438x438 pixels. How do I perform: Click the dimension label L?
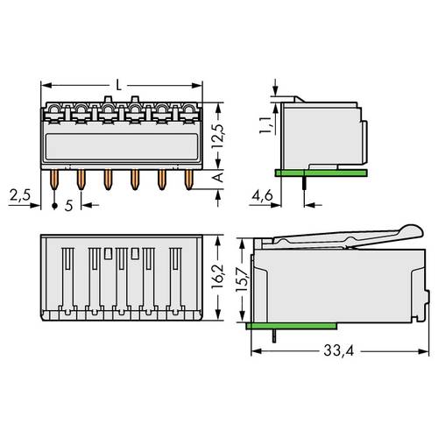click(119, 85)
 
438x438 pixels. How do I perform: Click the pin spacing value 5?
click(68, 207)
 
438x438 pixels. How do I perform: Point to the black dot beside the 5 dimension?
click(55, 206)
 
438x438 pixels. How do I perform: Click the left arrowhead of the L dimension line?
click(46, 85)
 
